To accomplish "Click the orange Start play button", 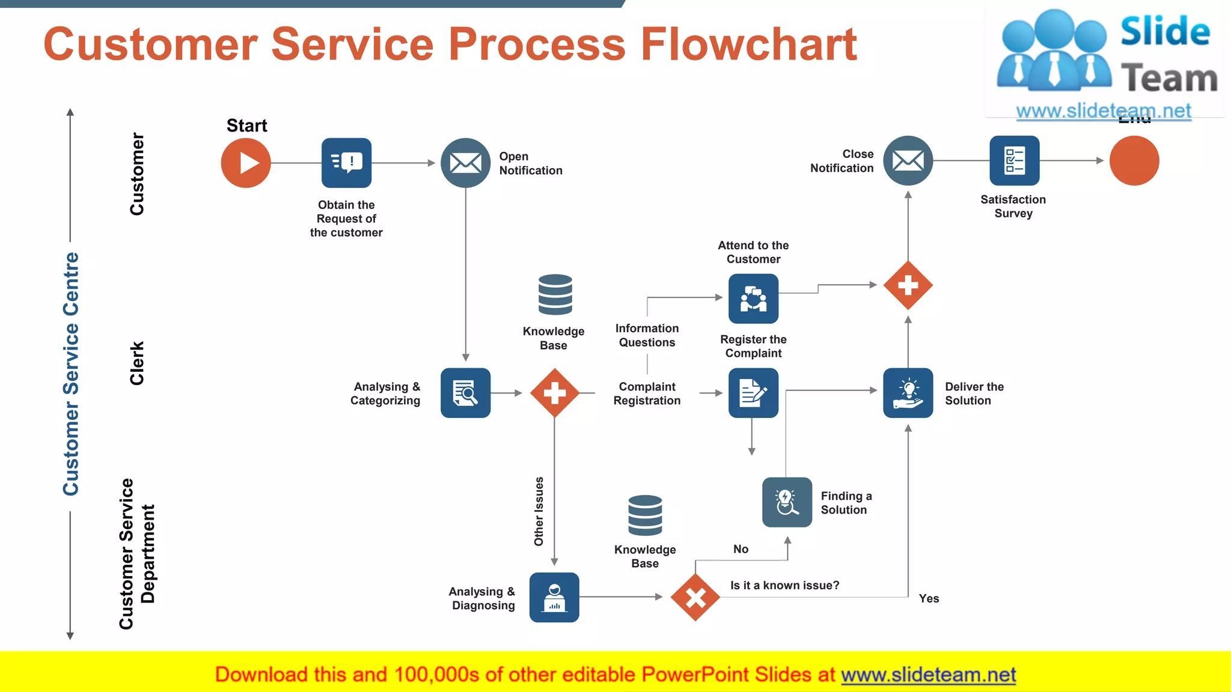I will (246, 163).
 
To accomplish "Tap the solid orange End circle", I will (1134, 161).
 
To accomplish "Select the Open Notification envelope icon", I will (465, 163).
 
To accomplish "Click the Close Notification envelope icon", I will (908, 161).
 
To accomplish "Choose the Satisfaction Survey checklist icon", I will (1014, 161).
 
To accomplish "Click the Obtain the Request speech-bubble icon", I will (346, 163).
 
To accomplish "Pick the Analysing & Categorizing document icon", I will (465, 393).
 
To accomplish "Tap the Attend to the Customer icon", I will (753, 299).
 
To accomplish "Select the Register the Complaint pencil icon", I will (753, 393).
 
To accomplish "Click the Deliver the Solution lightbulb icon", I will (908, 393).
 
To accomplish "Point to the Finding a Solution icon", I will (787, 502).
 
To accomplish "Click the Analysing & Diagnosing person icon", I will (554, 597).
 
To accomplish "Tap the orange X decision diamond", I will (695, 597).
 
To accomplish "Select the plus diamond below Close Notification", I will (908, 285).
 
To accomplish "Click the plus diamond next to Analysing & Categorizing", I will (554, 393).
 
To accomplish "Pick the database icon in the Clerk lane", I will (555, 294).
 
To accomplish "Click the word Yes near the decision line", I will (929, 598).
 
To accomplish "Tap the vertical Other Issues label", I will (539, 511).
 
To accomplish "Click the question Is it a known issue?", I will (784, 585).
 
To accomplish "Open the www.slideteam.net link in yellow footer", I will (928, 675).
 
